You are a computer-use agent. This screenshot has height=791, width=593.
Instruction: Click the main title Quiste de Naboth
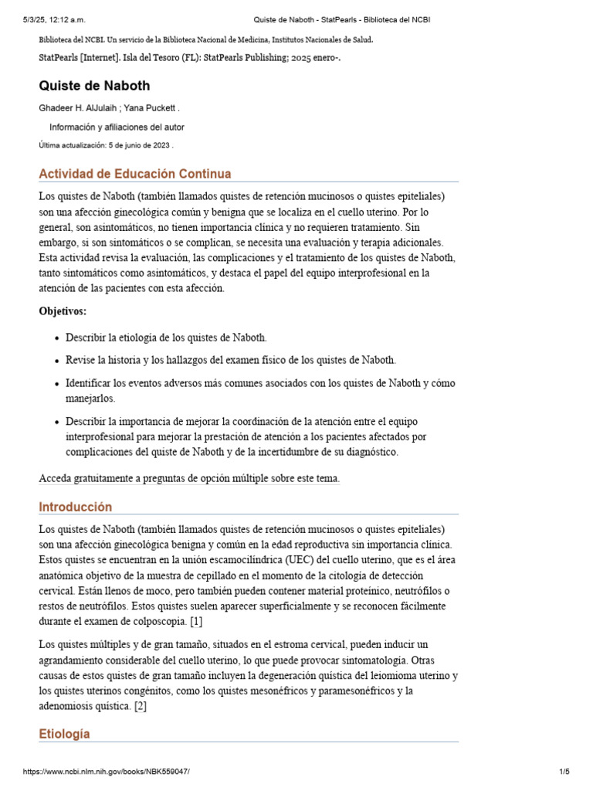[x=94, y=86]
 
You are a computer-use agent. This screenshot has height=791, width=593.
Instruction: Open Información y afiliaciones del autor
[x=117, y=127]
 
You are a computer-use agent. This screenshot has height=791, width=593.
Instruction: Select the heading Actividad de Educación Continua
[x=134, y=174]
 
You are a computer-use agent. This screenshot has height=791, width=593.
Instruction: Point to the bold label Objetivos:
[x=63, y=311]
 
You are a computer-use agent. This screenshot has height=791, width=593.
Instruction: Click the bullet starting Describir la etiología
[x=167, y=338]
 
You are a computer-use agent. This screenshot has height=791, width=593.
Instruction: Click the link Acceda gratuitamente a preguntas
[x=189, y=478]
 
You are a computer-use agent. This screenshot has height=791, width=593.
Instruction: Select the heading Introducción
[x=75, y=507]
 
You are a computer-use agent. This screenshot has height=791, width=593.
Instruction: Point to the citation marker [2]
[x=139, y=706]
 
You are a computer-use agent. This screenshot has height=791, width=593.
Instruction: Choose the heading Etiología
[x=64, y=734]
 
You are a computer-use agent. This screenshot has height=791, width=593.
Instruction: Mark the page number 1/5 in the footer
[x=564, y=772]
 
